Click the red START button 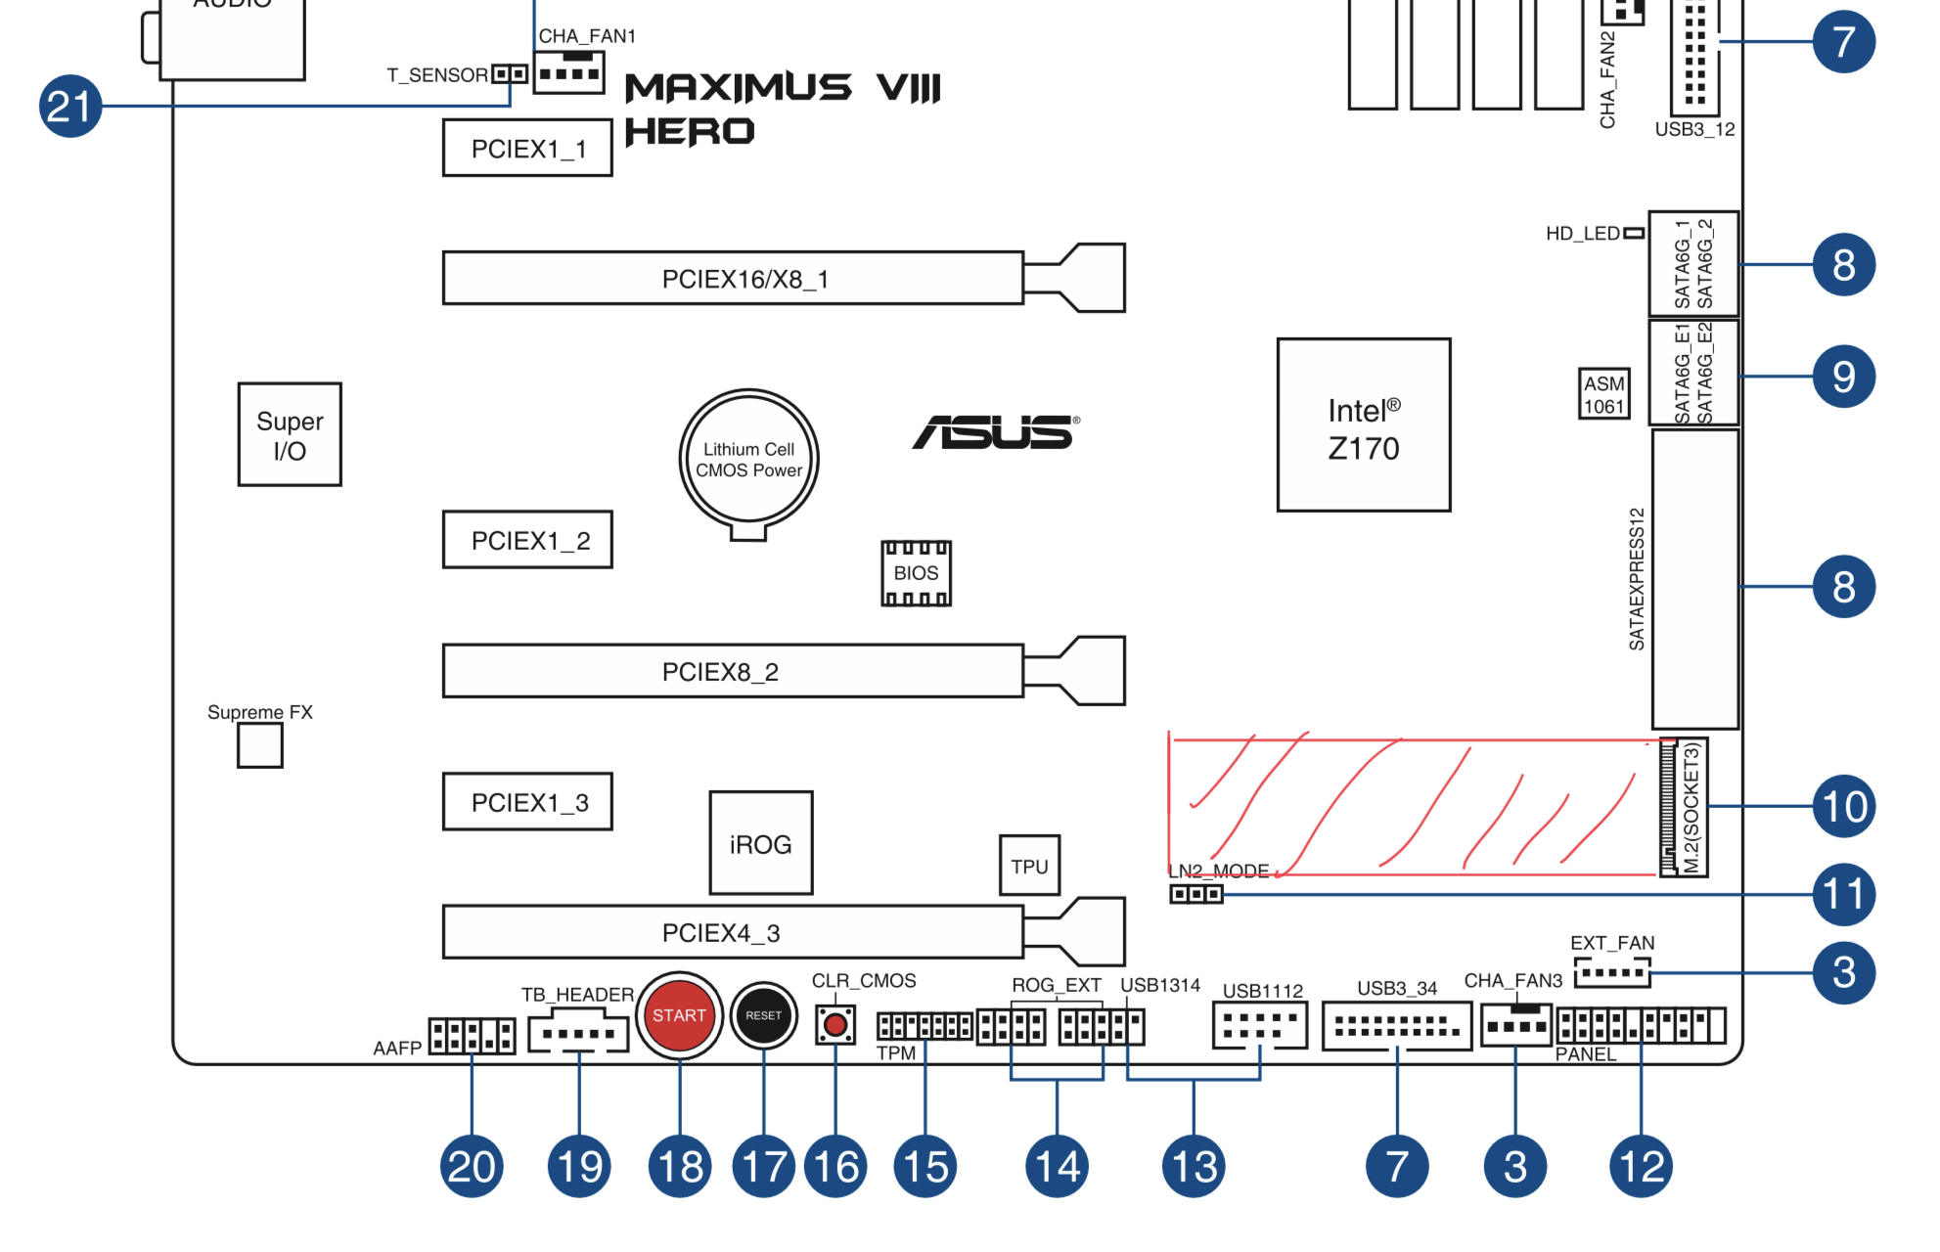679,1015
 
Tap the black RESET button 764,1015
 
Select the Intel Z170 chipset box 1364,425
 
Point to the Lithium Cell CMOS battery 749,459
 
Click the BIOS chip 916,573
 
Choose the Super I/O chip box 290,434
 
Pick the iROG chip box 761,843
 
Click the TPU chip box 1029,866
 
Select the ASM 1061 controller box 1604,394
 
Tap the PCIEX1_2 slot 528,540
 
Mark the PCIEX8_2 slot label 720,672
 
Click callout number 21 70,106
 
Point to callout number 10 1844,806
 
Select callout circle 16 835,1166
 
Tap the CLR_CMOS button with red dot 835,1025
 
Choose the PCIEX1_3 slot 528,802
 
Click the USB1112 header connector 1260,1025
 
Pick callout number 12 1641,1166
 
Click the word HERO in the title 690,131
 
